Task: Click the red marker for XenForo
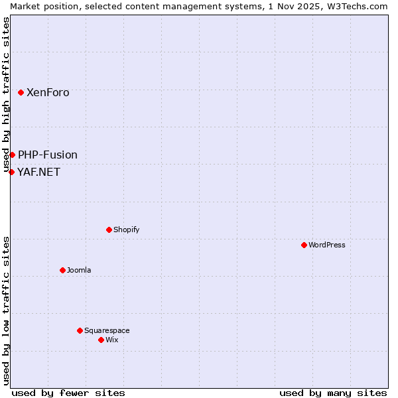(21, 92)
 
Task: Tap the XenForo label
(48, 93)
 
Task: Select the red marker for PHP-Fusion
(12, 155)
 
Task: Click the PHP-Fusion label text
(48, 155)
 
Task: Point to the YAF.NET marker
(11, 172)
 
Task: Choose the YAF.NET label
(38, 172)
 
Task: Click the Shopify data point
(109, 230)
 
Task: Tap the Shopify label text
(126, 230)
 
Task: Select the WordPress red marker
(304, 245)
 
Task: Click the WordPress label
(327, 245)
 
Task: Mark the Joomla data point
(62, 270)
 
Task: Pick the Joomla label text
(79, 271)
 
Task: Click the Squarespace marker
(80, 330)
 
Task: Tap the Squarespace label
(107, 331)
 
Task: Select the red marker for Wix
(101, 340)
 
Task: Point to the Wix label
(111, 340)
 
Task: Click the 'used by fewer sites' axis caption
(68, 393)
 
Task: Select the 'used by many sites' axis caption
(333, 393)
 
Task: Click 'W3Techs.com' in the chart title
(361, 5)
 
